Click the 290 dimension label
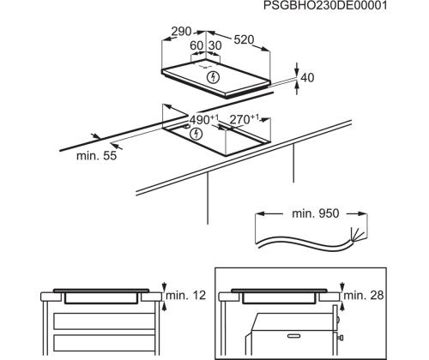(180, 32)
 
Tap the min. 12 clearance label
(185, 296)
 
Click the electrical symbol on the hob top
(213, 78)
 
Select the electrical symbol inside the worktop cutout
(199, 135)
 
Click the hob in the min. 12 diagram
(101, 293)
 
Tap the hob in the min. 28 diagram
(279, 293)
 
